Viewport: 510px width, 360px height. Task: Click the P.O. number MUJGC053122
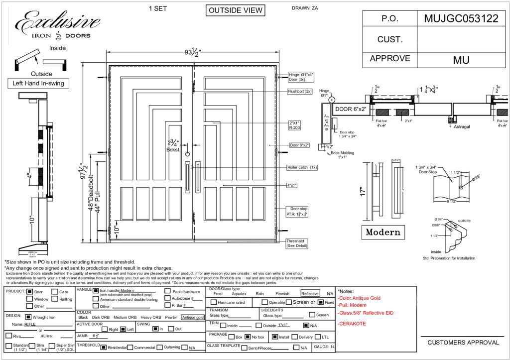click(461, 19)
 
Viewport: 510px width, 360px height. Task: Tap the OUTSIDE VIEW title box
click(235, 10)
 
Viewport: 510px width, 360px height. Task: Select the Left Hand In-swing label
click(38, 83)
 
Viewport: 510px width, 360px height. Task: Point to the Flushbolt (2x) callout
click(299, 92)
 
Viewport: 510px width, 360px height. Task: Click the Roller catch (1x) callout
click(302, 167)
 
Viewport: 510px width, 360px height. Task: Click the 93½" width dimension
click(193, 52)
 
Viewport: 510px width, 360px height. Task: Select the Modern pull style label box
click(382, 232)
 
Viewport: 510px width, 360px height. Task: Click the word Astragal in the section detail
click(462, 127)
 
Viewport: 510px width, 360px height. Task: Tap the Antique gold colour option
click(193, 317)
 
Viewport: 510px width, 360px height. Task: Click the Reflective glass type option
click(310, 294)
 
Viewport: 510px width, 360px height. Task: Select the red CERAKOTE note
click(354, 324)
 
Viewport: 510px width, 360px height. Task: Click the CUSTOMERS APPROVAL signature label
click(463, 343)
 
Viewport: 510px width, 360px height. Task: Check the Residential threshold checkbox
click(104, 347)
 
